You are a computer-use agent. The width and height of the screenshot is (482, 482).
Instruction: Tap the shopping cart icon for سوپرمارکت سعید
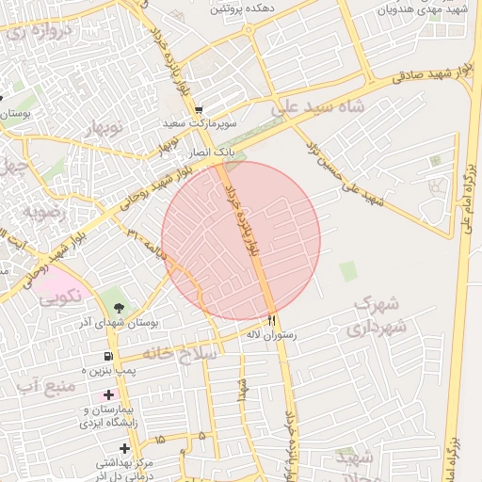199,109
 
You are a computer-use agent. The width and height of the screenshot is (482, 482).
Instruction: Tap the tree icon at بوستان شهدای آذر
119,307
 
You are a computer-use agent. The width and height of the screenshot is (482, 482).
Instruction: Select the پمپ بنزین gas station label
108,372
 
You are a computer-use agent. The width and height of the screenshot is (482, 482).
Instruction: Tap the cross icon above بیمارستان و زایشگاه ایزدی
109,394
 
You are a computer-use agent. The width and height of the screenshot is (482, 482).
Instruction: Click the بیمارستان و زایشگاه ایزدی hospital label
111,417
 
